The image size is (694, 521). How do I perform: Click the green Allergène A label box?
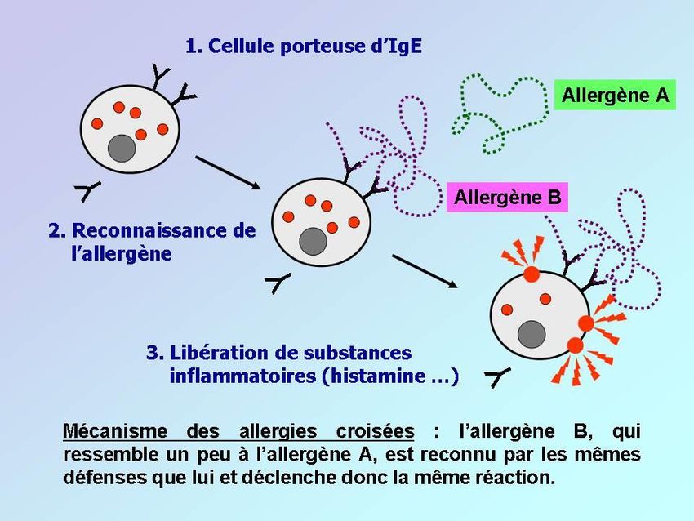(x=615, y=95)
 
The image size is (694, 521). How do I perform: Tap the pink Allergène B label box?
(x=507, y=197)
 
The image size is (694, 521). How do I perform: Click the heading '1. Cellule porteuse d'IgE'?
(x=304, y=45)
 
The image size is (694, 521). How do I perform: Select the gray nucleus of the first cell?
(x=122, y=148)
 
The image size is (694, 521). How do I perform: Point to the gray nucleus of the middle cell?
(x=312, y=241)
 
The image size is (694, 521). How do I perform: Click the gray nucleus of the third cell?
(x=532, y=333)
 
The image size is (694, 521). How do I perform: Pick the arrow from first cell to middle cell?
(x=229, y=171)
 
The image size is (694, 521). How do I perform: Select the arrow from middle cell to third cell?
(x=424, y=270)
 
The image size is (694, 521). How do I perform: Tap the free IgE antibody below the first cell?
(x=87, y=191)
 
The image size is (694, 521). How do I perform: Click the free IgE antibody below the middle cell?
(x=278, y=283)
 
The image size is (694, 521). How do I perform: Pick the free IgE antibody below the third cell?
(x=496, y=376)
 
